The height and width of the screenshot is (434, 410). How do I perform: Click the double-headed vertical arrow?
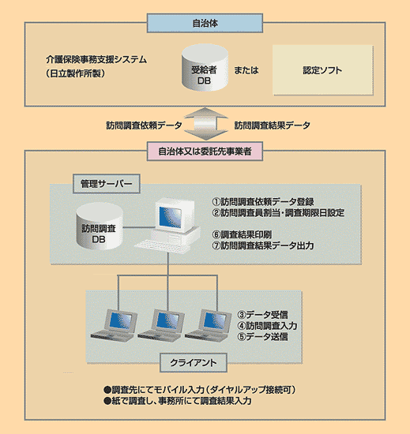(x=205, y=125)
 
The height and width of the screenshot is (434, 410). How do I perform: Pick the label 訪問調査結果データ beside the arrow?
(x=273, y=125)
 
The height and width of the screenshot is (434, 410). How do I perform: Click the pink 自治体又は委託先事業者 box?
(x=205, y=149)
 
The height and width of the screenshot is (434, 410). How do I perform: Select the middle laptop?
(x=164, y=320)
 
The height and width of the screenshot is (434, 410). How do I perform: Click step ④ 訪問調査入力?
(x=268, y=324)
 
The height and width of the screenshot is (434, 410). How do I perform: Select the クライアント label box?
(x=194, y=363)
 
